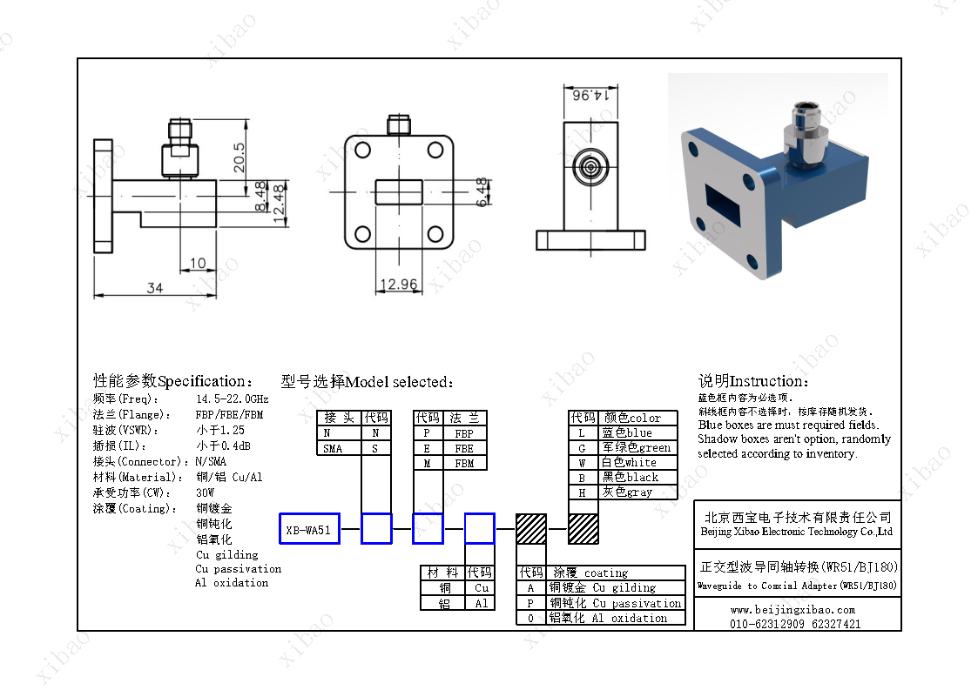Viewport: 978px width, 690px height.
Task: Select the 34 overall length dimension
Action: (x=154, y=288)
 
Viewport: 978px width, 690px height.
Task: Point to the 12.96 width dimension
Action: (x=399, y=285)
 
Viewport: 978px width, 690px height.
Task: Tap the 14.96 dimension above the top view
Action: (x=590, y=95)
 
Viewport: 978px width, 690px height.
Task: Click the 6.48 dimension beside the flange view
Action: (x=482, y=191)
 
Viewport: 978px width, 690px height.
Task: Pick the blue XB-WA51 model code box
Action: (x=308, y=529)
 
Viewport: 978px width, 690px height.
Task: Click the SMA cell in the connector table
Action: (x=333, y=448)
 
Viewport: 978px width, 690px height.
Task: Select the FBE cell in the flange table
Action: (x=464, y=448)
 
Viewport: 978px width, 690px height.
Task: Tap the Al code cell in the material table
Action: (x=482, y=603)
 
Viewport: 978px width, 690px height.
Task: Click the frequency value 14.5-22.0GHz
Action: (x=232, y=399)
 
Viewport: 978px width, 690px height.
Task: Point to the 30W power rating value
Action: (x=206, y=492)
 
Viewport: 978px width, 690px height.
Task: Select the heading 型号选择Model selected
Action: (x=367, y=382)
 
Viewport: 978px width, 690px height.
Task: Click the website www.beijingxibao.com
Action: (x=793, y=610)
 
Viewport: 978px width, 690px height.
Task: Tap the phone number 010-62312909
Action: (x=766, y=624)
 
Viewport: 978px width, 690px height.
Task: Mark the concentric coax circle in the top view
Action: (x=590, y=166)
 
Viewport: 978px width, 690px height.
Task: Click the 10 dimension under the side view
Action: (x=198, y=263)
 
